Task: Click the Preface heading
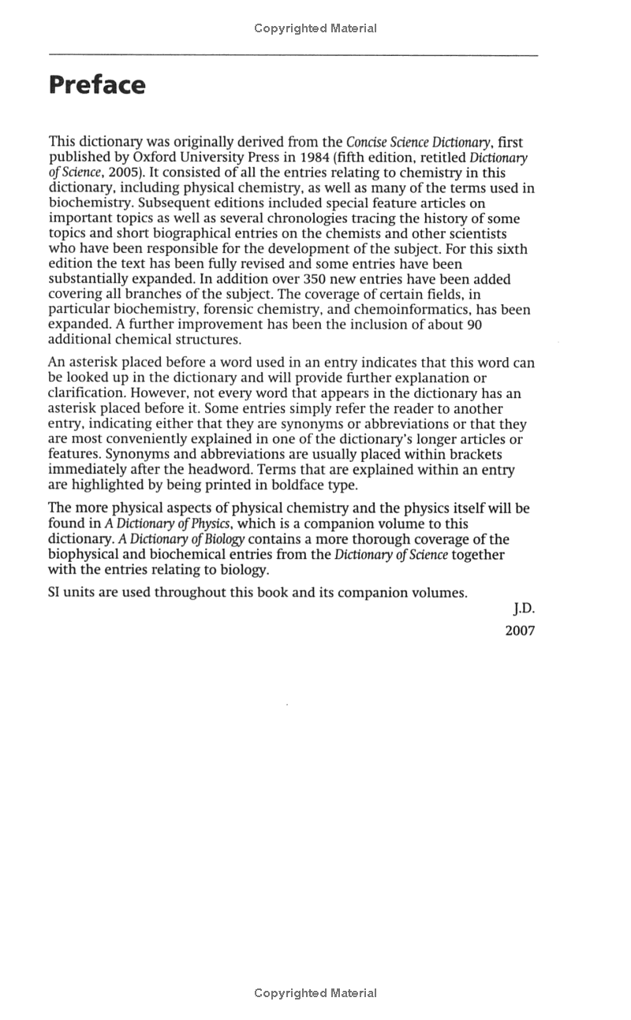(x=97, y=85)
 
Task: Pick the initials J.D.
(x=524, y=609)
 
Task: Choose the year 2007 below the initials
(x=520, y=631)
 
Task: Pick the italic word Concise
(x=366, y=143)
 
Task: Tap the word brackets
(x=473, y=455)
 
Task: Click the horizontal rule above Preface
(x=293, y=54)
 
